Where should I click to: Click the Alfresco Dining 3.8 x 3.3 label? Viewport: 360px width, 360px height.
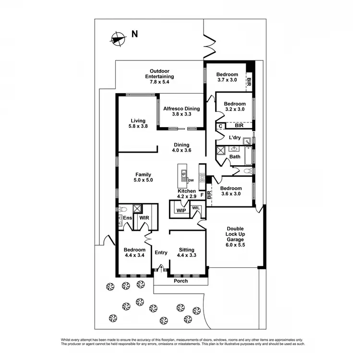[181, 111]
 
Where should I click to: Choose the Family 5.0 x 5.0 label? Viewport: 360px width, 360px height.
[143, 177]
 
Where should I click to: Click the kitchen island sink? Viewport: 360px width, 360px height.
[183, 173]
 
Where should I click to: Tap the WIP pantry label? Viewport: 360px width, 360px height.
[181, 211]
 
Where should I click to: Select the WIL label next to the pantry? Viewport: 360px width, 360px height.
[196, 208]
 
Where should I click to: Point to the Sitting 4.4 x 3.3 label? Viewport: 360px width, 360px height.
[186, 252]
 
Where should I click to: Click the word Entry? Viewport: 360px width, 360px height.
[161, 252]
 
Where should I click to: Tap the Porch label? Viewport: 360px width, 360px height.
[180, 281]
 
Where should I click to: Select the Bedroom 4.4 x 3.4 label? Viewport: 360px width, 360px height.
[134, 252]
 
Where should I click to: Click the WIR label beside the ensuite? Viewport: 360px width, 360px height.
[144, 217]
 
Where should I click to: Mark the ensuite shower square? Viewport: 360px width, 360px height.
[137, 208]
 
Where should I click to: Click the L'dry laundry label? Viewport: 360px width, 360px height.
[235, 138]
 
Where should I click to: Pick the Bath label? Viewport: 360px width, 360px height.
[235, 156]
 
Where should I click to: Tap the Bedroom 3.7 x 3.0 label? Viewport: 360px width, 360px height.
[227, 77]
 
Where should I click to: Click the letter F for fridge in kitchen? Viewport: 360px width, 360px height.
[202, 195]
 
